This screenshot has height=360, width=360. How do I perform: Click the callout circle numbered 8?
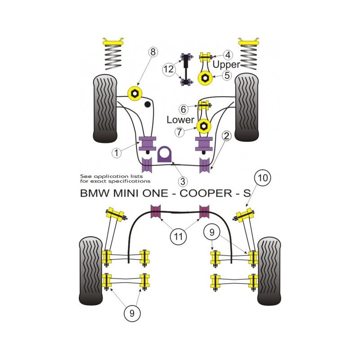click(x=153, y=52)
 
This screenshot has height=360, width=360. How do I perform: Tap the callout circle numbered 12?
click(x=168, y=69)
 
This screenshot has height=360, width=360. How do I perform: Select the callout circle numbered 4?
click(x=228, y=56)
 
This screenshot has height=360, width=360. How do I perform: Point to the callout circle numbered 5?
click(x=227, y=76)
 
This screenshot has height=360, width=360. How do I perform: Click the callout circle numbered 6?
click(x=183, y=109)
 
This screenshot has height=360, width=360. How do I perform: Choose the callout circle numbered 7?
click(x=180, y=132)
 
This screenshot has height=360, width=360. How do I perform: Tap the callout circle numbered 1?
click(x=117, y=153)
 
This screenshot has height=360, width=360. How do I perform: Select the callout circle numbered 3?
click(x=183, y=182)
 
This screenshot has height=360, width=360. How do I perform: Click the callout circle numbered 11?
click(x=178, y=235)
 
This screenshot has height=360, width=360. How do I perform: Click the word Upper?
click(x=226, y=65)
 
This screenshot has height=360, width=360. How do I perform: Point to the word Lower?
click(x=180, y=120)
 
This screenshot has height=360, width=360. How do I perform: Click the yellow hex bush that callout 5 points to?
click(x=204, y=79)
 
